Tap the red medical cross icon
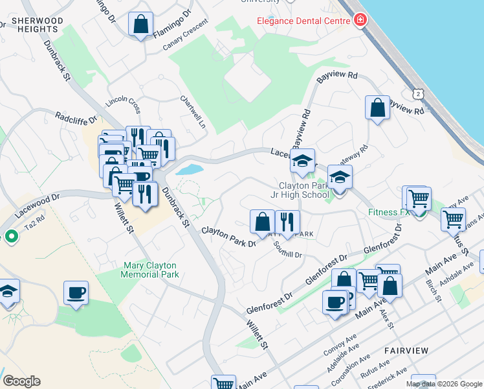359,21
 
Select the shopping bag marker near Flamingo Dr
140,25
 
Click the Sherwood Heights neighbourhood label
37,25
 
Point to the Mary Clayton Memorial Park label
150,269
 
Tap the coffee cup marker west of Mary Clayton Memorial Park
76,293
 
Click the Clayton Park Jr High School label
300,189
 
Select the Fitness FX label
390,212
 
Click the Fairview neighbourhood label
406,350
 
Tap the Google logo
21,381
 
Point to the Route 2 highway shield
419,94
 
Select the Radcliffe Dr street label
75,118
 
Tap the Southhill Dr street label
287,250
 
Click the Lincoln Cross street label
123,103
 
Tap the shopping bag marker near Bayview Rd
377,108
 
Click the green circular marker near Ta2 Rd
11,237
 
